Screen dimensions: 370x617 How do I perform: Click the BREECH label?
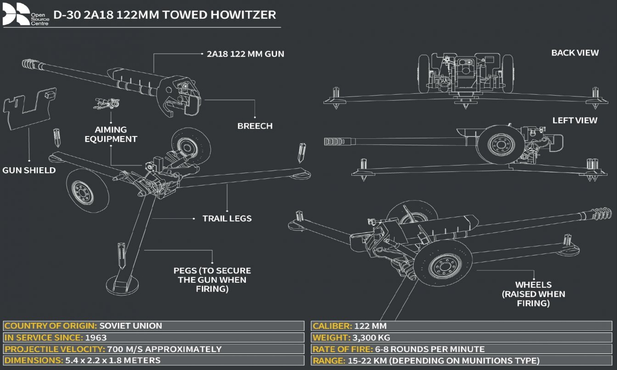pos(255,126)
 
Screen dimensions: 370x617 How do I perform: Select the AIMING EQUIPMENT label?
pos(111,134)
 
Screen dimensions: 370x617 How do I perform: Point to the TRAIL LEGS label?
pos(227,218)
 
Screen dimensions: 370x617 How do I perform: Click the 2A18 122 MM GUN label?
pos(243,54)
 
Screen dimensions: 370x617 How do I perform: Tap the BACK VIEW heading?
pos(575,53)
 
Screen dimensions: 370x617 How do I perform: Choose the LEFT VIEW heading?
pos(575,120)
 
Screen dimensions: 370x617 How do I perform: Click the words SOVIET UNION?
pos(131,326)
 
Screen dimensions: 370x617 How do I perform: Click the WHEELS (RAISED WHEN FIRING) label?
pos(540,294)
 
